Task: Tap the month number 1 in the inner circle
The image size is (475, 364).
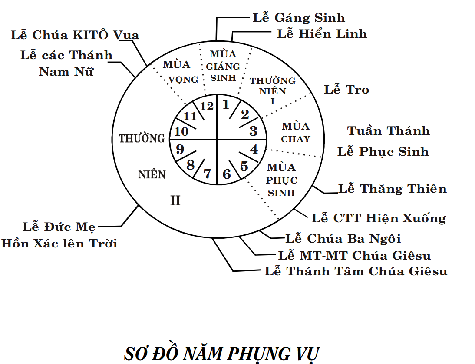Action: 226,105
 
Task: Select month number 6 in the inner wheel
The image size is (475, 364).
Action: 227,174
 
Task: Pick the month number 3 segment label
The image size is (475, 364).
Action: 253,131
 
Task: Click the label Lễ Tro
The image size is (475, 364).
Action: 346,90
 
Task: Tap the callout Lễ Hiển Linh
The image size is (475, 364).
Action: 322,34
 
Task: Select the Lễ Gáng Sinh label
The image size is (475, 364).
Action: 299,18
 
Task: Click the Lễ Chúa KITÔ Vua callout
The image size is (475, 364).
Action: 75,35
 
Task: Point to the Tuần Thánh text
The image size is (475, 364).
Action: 389,131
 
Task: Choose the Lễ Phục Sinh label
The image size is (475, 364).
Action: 383,152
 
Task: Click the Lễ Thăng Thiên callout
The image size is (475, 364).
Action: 392,189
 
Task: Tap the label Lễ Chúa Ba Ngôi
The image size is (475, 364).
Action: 343,238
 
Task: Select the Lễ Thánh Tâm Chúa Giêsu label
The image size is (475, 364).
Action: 356,271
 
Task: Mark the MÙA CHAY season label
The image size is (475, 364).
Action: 296,133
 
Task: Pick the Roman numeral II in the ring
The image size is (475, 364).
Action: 175,201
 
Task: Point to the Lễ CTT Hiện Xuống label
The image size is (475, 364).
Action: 379,217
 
